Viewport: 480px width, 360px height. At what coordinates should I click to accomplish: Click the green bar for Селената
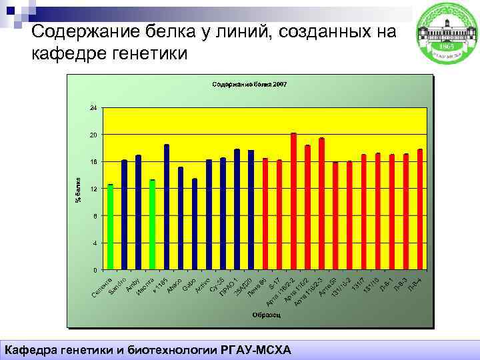(111, 227)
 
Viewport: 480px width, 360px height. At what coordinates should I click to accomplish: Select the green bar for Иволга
(152, 225)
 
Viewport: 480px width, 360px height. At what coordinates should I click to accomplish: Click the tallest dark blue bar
(167, 207)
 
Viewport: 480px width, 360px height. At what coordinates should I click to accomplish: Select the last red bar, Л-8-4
(420, 209)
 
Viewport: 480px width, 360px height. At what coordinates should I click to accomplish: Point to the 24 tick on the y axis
(93, 107)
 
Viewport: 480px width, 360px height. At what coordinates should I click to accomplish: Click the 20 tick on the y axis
(93, 135)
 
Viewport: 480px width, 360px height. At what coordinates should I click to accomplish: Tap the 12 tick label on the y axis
(93, 189)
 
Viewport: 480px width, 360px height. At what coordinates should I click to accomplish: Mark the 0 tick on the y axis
(95, 270)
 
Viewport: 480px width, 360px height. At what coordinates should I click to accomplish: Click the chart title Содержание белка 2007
(249, 85)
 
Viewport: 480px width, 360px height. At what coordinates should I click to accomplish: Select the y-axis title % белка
(77, 189)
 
